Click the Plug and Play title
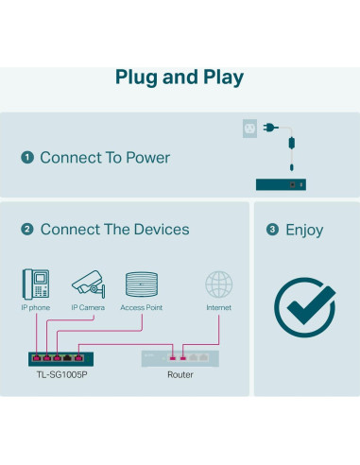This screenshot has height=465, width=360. (180, 77)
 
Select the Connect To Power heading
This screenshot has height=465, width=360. (105, 158)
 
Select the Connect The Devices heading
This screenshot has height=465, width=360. (114, 230)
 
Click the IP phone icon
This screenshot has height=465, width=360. (35, 284)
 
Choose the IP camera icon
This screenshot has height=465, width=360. (88, 283)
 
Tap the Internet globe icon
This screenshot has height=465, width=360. (219, 284)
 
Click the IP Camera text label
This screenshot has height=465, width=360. (88, 308)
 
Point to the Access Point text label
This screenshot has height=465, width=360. (143, 308)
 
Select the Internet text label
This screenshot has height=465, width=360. (219, 308)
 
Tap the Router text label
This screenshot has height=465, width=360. (180, 375)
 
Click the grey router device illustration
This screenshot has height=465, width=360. (180, 357)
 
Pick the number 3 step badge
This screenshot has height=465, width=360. (273, 230)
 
